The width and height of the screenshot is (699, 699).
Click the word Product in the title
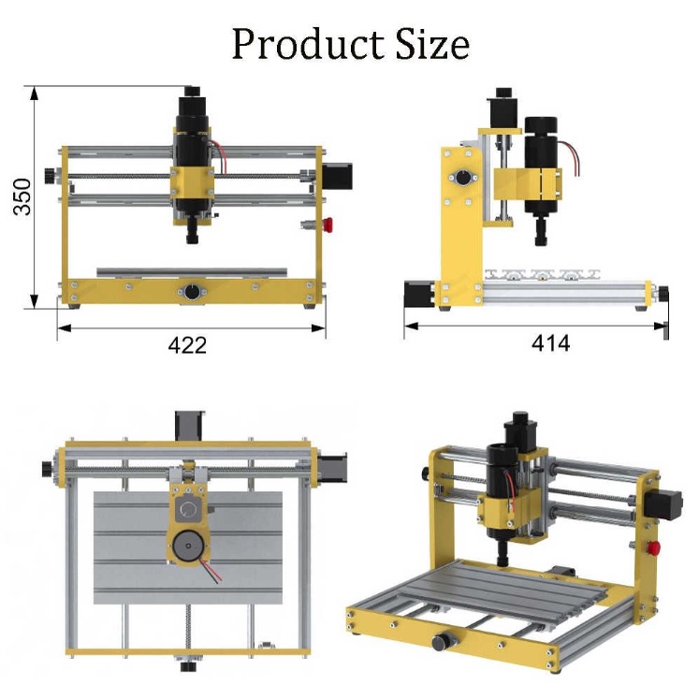click(308, 44)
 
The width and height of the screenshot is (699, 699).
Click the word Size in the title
click(432, 44)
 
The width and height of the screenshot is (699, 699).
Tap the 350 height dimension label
click(22, 197)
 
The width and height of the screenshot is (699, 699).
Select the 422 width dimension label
click(187, 345)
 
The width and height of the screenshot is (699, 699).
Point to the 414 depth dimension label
click(550, 343)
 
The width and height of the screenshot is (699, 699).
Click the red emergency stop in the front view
click(328, 225)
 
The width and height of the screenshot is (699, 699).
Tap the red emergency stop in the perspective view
click(654, 547)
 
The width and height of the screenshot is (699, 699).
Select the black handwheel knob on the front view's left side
click(50, 176)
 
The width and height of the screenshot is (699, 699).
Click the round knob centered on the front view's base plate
click(192, 293)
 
